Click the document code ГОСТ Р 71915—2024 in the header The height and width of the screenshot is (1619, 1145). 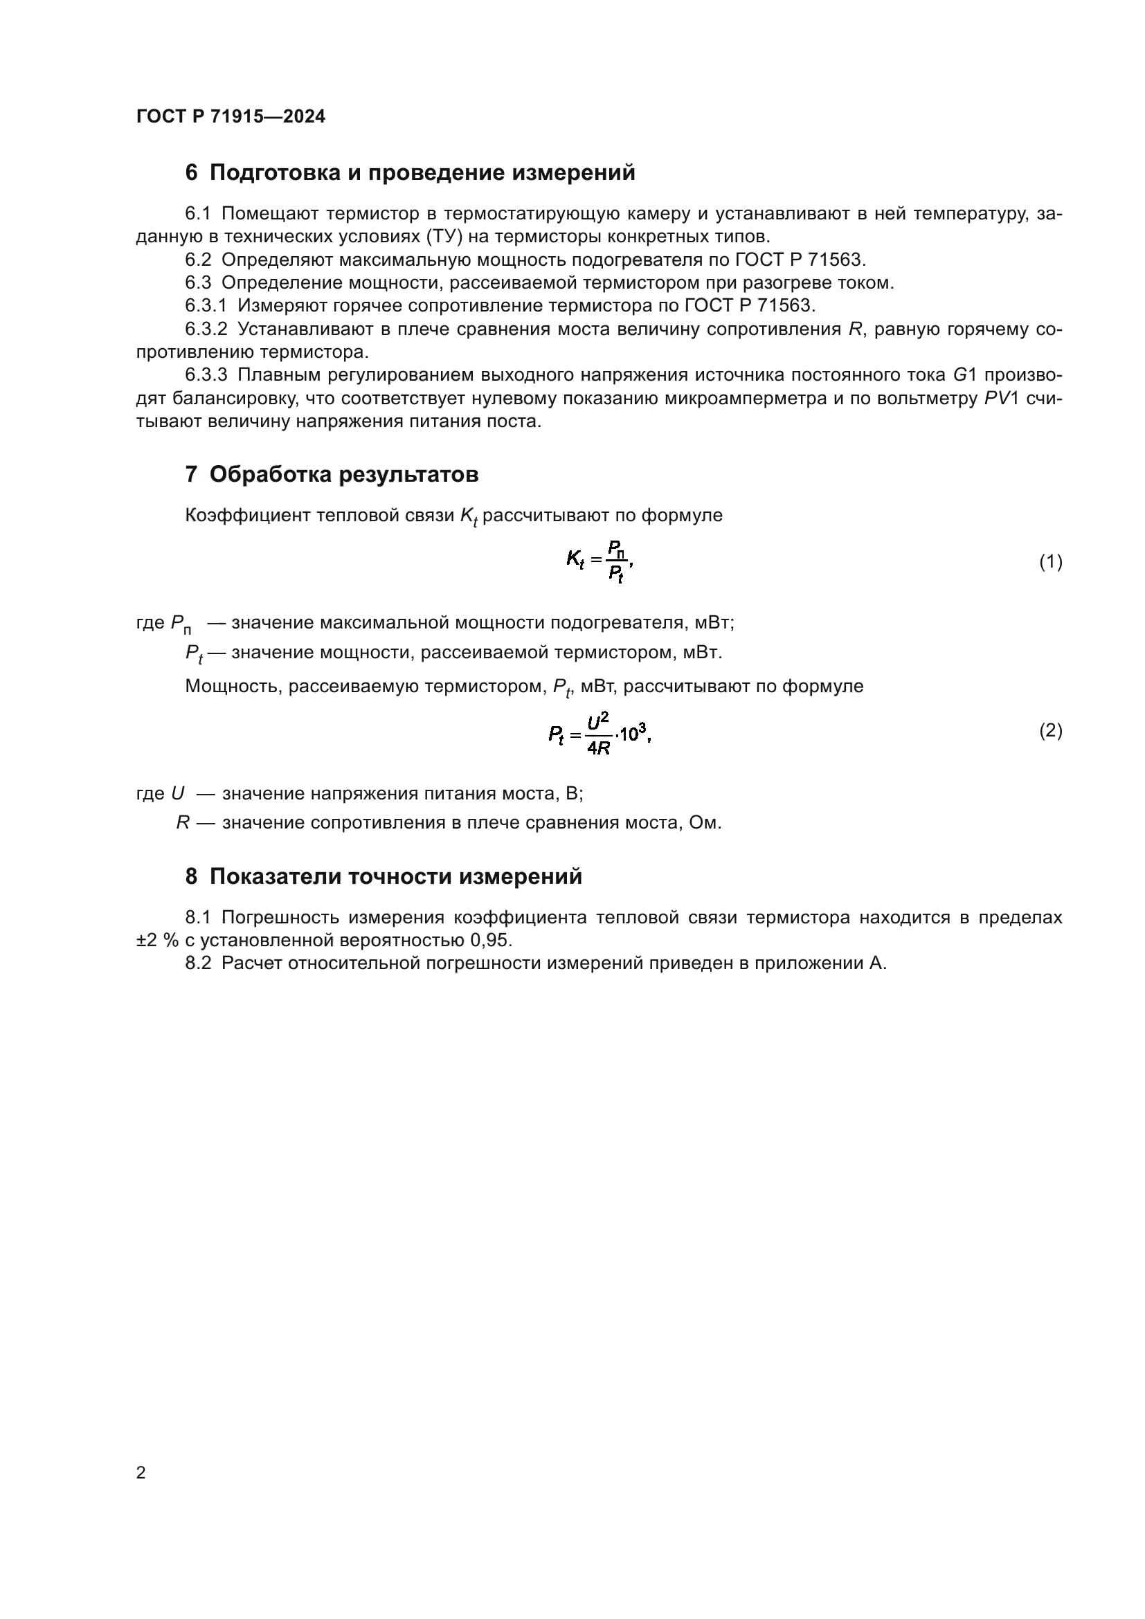tap(231, 116)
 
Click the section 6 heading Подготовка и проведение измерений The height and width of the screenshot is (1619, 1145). tap(410, 173)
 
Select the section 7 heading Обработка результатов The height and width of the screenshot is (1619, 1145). tap(332, 475)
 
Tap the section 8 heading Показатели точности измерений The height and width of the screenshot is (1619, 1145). tap(384, 876)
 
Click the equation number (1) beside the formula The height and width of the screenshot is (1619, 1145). tap(1051, 562)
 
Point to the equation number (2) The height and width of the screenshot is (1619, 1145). tap(1051, 730)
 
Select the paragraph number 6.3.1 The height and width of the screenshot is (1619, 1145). tap(206, 306)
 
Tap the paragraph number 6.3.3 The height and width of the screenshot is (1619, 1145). tap(206, 375)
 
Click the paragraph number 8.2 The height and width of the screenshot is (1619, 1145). tap(198, 964)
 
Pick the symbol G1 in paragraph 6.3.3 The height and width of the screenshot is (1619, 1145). tap(964, 375)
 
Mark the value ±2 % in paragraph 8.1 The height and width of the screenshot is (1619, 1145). tap(156, 941)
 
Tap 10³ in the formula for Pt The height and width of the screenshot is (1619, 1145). tap(633, 733)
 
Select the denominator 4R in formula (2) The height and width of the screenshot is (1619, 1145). tap(599, 748)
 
